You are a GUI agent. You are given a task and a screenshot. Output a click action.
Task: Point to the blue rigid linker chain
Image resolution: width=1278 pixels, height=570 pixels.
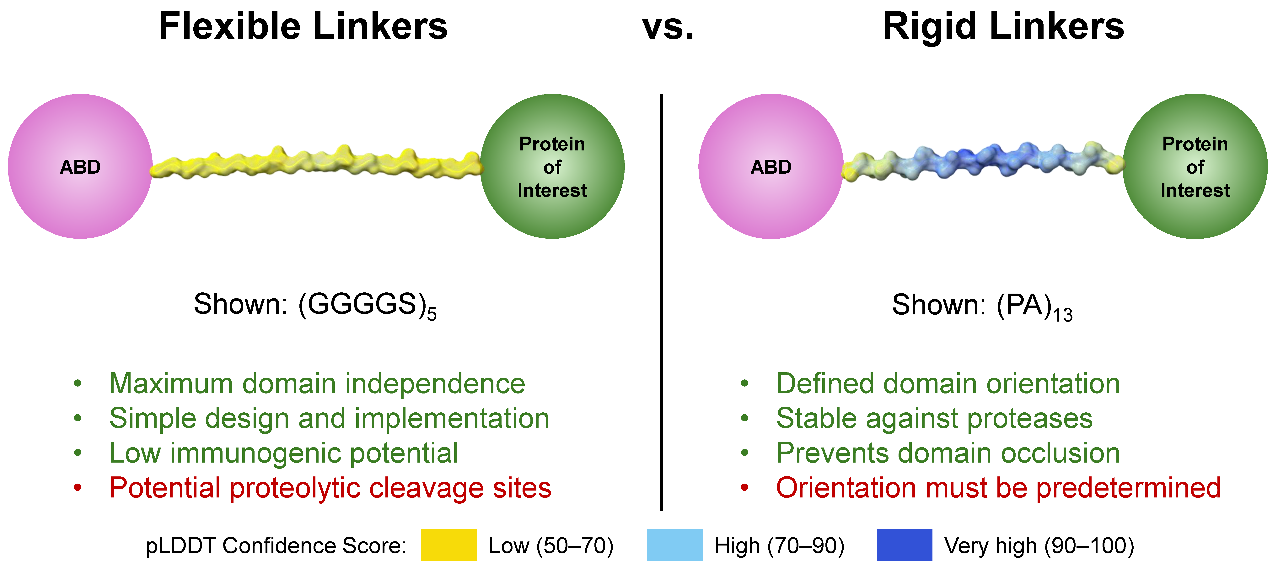pyautogui.click(x=982, y=160)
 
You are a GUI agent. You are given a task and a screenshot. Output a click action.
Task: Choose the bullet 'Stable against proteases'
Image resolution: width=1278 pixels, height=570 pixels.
pyautogui.click(x=934, y=419)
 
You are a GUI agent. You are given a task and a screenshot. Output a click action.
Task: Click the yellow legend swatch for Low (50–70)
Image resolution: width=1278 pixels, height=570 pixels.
pyautogui.click(x=448, y=545)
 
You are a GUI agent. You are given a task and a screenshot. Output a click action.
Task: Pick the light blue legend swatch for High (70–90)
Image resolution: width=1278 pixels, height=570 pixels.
pyautogui.click(x=675, y=545)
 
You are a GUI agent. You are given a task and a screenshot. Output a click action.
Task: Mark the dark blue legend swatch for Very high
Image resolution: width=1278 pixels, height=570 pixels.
pyautogui.click(x=904, y=545)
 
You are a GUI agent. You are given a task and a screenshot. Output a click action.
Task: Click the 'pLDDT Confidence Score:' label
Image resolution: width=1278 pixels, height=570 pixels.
pyautogui.click(x=276, y=546)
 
